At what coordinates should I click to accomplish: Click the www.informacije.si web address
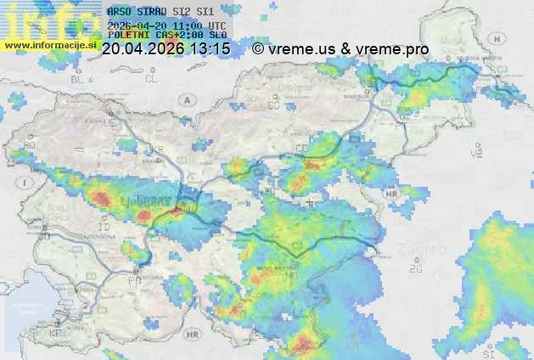pos(49,44)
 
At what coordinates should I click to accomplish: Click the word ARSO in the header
pos(119,11)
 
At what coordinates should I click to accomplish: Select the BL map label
pos(79,79)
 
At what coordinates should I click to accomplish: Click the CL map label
pos(151,78)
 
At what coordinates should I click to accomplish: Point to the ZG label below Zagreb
pos(415,269)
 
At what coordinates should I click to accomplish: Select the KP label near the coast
pos(56,335)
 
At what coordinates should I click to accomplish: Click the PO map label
pos(133,280)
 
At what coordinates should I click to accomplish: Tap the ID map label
pos(104,228)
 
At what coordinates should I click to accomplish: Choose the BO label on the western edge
pos(28,146)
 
